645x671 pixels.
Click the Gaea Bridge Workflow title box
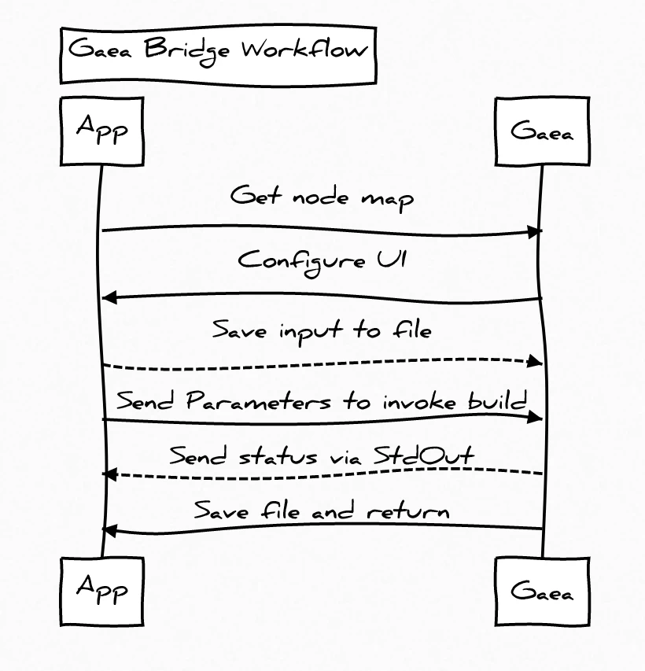point(219,55)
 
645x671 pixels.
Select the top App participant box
point(102,131)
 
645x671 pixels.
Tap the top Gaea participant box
point(542,131)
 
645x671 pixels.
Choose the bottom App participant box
point(102,592)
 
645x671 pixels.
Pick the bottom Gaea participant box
point(542,592)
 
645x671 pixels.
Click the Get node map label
point(322,197)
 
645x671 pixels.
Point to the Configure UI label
point(322,261)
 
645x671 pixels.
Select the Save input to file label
point(322,331)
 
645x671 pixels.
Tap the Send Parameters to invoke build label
point(322,400)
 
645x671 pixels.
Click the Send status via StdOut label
point(322,455)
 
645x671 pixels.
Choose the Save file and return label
point(322,510)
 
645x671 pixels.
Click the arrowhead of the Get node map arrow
point(534,232)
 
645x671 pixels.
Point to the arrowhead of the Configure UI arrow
point(110,297)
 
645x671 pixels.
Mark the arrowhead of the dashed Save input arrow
point(534,361)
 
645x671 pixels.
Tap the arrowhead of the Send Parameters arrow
point(534,417)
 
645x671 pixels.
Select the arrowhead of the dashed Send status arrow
point(110,474)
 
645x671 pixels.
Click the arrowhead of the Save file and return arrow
point(110,531)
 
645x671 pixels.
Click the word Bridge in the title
point(187,51)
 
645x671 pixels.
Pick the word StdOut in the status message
point(424,455)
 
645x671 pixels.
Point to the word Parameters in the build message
point(259,400)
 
